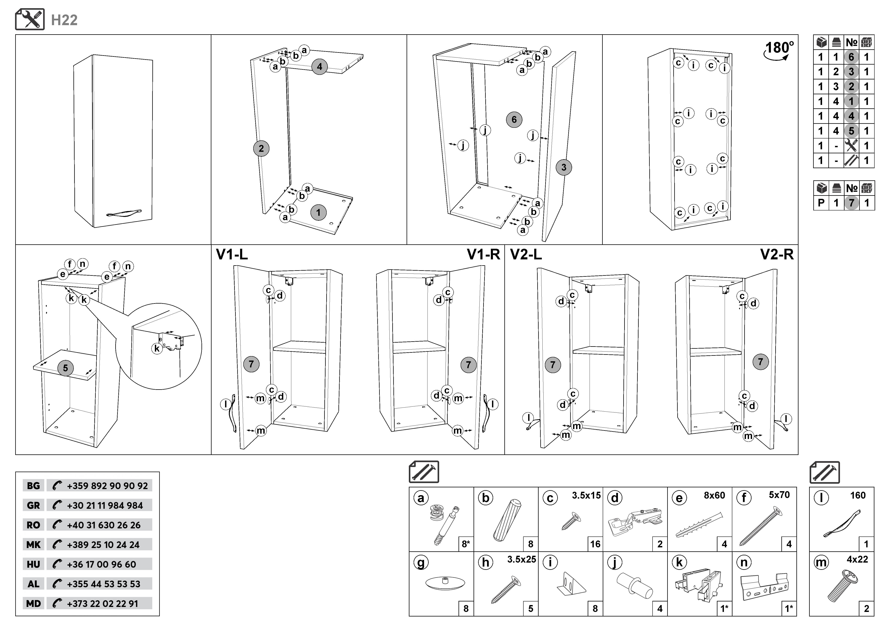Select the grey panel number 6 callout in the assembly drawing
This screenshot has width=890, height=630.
(x=514, y=119)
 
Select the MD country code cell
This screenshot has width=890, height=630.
(x=33, y=604)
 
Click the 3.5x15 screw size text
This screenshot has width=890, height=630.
(x=586, y=495)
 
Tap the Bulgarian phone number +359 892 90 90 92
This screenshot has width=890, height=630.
(x=107, y=486)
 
